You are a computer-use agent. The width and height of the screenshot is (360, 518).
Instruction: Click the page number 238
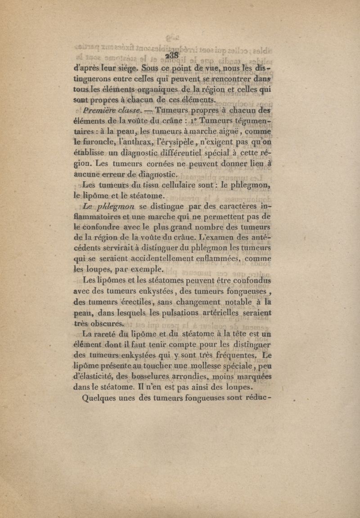[172, 54]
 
